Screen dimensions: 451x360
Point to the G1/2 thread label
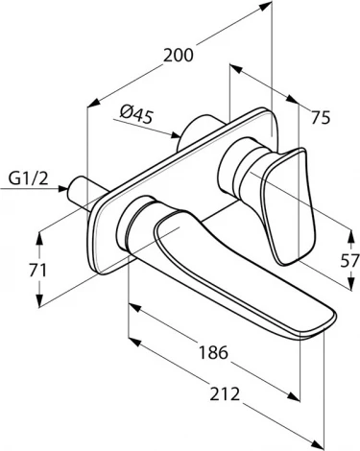coord(29,176)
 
